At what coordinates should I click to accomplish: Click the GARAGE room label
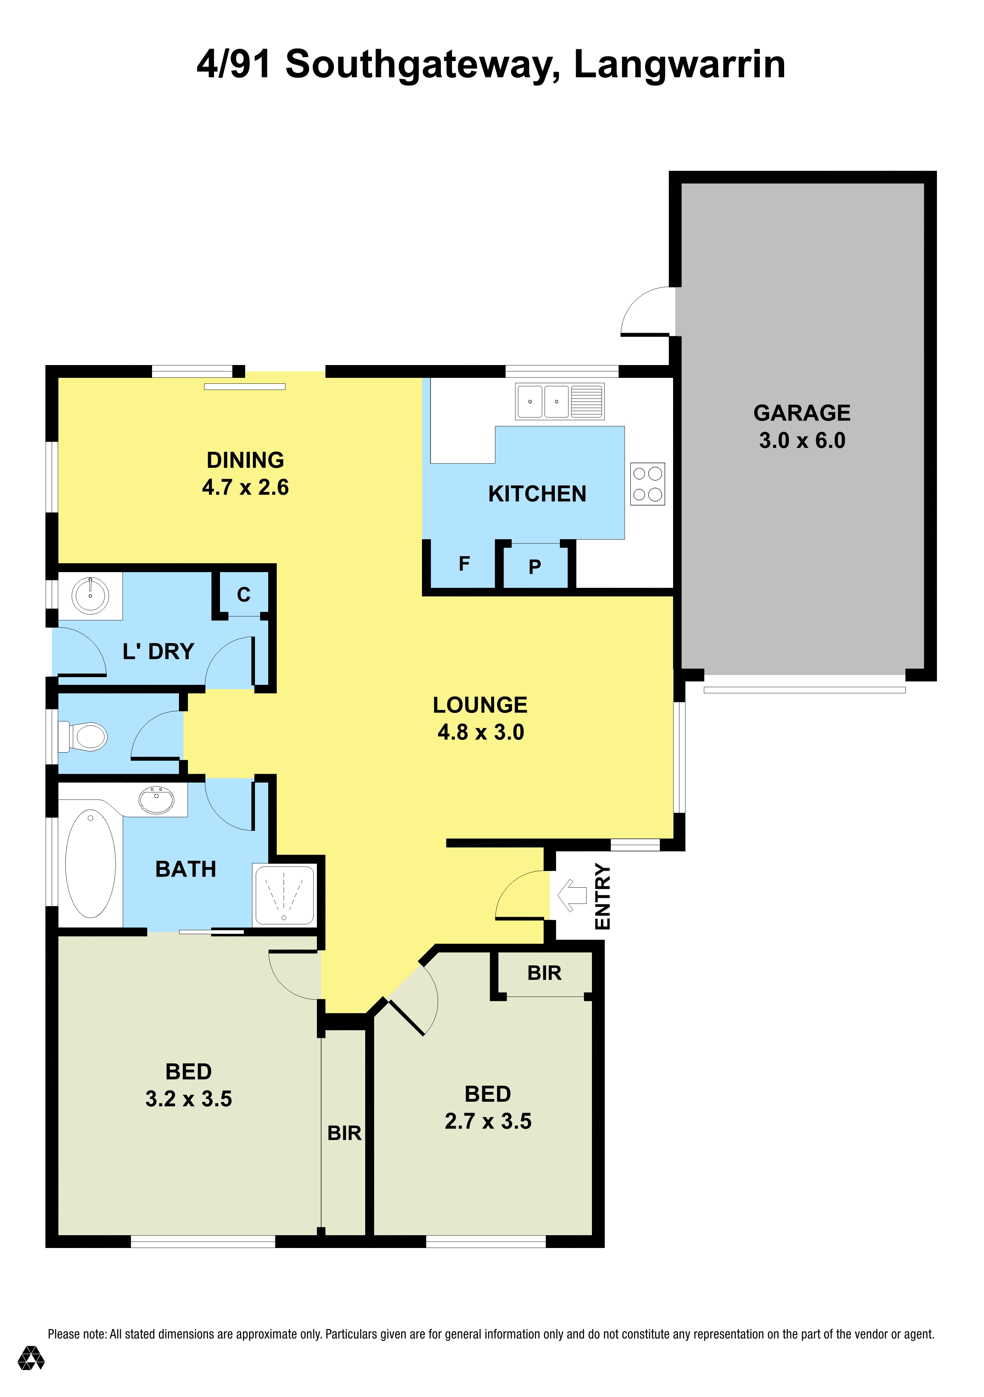tap(802, 413)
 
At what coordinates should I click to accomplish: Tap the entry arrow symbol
tap(572, 895)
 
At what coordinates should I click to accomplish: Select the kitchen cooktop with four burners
tap(647, 484)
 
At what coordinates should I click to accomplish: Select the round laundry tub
tap(90, 595)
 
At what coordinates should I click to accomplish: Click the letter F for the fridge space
tap(464, 564)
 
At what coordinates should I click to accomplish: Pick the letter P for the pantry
tap(535, 567)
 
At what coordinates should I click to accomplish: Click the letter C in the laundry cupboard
tap(243, 594)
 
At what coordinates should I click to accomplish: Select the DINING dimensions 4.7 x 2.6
tap(245, 487)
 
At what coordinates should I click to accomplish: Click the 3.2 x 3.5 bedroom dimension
tap(189, 1099)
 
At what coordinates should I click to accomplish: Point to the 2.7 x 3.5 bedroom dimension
tap(488, 1121)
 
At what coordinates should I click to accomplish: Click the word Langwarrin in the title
tap(680, 64)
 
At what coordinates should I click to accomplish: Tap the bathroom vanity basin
tap(156, 800)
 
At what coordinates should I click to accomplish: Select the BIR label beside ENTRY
tap(545, 973)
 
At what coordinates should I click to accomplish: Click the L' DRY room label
tap(158, 652)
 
